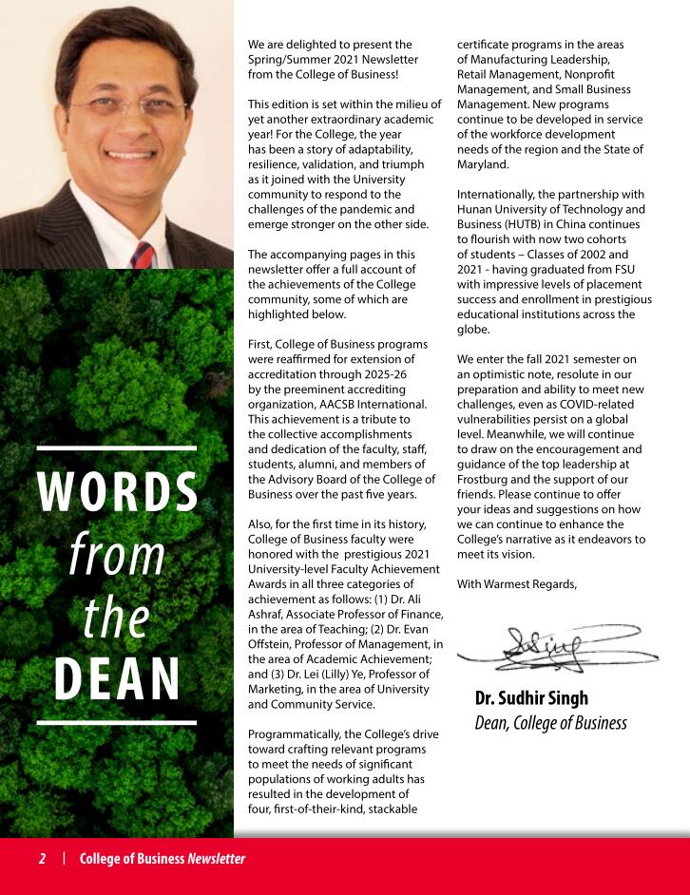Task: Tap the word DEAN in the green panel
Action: click(x=118, y=676)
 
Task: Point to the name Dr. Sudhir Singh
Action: click(x=531, y=698)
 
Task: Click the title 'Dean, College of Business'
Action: click(x=550, y=723)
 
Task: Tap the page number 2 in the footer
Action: click(x=42, y=859)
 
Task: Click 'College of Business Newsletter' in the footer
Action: click(x=163, y=859)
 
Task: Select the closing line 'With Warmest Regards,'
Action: click(x=517, y=583)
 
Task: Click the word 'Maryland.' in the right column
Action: click(x=483, y=164)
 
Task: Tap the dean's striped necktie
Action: click(x=143, y=254)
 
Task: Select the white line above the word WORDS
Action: click(x=118, y=447)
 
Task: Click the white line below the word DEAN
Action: click(x=118, y=723)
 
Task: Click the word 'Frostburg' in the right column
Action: click(x=485, y=479)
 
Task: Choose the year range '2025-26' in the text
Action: click(x=389, y=373)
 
